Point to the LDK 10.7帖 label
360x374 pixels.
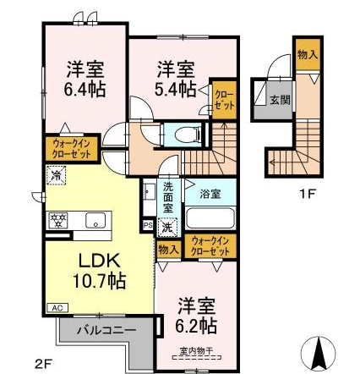102,268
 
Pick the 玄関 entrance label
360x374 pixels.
279,99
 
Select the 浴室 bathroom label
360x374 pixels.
209,194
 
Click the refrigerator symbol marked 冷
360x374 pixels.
56,177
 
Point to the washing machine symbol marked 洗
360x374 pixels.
167,226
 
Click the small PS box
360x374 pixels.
148,226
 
